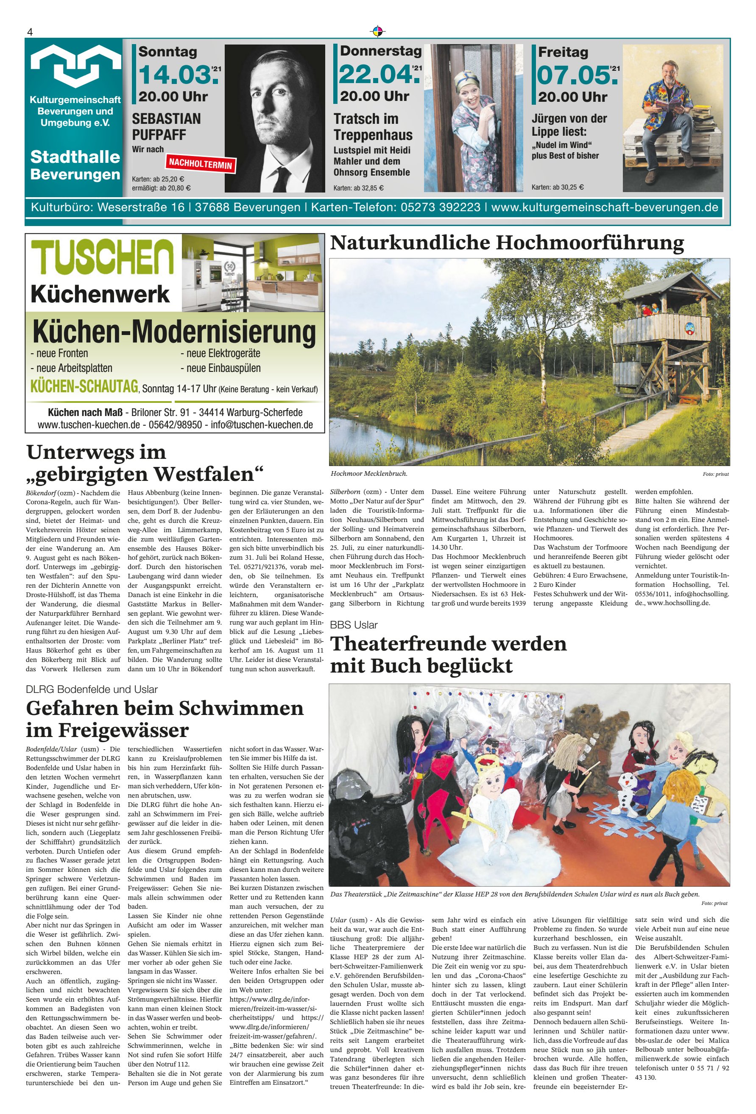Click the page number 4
[30, 32]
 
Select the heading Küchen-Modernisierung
[175, 332]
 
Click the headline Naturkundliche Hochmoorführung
[507, 243]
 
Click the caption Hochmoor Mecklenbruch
[368, 474]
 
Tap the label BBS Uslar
[354, 625]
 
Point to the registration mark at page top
[378, 32]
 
